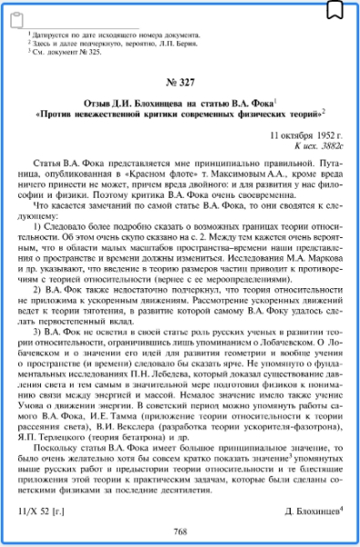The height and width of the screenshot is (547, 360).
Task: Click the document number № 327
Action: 180,83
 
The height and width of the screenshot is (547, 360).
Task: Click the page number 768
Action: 180,531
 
